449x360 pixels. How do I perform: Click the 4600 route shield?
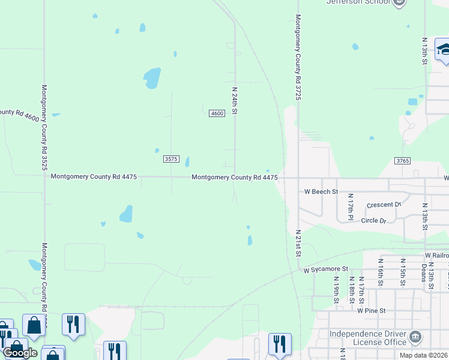(217, 113)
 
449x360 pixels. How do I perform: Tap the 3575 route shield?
(171, 158)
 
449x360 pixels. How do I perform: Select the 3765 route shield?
(402, 161)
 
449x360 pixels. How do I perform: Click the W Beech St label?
(322, 192)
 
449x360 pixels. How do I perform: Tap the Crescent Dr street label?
(384, 205)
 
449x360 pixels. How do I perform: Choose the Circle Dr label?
(373, 220)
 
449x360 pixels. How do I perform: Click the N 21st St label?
(298, 242)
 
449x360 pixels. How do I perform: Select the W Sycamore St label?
(326, 269)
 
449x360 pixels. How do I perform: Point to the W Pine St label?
(370, 310)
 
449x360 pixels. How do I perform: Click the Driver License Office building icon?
(415, 338)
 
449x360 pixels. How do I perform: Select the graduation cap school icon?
(443, 50)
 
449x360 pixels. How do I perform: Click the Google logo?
(20, 353)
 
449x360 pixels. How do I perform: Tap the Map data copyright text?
(423, 355)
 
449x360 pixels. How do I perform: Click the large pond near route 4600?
(152, 77)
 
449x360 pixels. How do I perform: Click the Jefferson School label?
(357, 2)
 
